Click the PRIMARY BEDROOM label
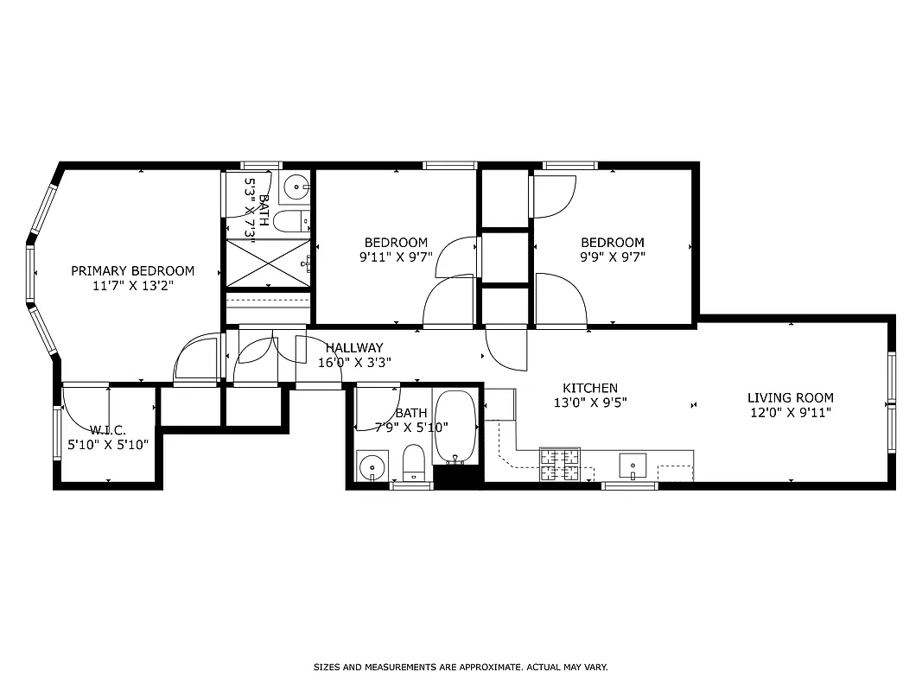coord(132,270)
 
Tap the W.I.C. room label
coord(108,430)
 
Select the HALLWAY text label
coord(354,348)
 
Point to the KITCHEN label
coord(590,388)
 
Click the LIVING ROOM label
coord(791,398)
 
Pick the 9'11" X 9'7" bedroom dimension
coord(396,257)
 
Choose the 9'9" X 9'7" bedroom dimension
coord(613,257)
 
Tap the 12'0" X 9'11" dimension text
coord(791,412)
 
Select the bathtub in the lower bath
coord(455,427)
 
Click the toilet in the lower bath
coord(414,462)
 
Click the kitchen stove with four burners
coord(560,465)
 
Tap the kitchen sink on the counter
coord(633,465)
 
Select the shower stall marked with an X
coord(268,263)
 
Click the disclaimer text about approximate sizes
coord(460,667)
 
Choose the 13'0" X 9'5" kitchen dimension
coord(590,402)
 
